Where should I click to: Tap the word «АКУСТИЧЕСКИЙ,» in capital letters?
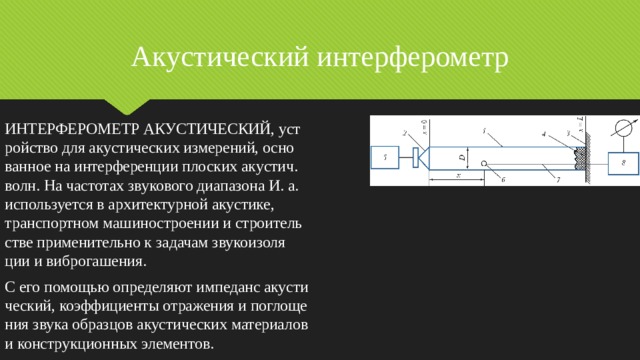[x=209, y=129]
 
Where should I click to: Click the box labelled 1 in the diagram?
[x=385, y=156]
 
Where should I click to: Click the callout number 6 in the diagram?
[x=502, y=179]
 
